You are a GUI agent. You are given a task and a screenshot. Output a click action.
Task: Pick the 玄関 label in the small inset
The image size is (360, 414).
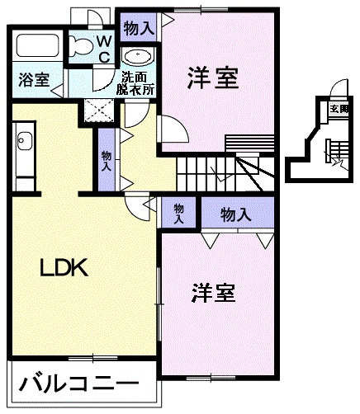coord(339,107)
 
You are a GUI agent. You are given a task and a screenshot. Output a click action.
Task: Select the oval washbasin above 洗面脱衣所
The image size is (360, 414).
coord(137,57)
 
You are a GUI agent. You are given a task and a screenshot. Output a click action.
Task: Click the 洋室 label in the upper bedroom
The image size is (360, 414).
coord(213,80)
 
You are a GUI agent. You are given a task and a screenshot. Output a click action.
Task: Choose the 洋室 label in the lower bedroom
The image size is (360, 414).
coord(213,293)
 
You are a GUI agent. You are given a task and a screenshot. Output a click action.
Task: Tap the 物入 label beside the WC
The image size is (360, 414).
coord(138,27)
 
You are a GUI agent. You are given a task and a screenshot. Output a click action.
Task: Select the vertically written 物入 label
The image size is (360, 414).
coord(107,158)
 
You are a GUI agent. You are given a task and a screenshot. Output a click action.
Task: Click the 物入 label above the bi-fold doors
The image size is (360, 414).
coord(236,214)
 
